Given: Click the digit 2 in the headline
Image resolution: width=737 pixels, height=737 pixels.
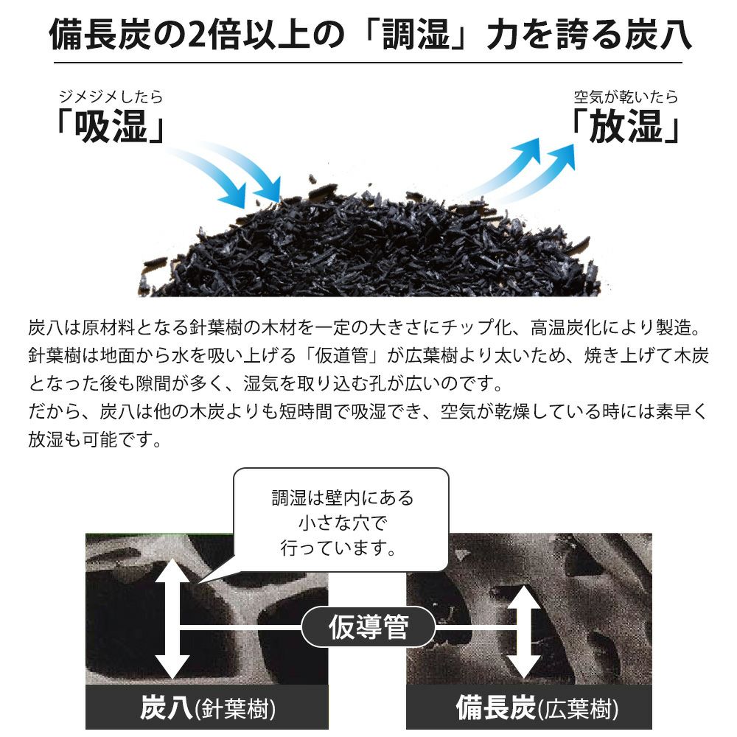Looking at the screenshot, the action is tap(198, 35).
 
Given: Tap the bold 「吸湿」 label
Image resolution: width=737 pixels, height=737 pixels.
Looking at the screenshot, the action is tap(111, 126).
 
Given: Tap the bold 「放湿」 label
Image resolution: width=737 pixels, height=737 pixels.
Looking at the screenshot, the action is tap(626, 126).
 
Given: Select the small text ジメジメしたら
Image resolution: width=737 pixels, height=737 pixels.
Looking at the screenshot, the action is tap(111, 97).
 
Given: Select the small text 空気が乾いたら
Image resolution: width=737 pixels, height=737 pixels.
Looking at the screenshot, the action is tap(626, 97).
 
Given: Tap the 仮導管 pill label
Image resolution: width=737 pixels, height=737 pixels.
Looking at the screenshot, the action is tap(368, 626).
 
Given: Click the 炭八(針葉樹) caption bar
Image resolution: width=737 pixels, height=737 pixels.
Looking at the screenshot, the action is tap(207, 708).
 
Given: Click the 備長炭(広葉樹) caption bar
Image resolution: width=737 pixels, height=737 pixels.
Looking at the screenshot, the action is tap(528, 708).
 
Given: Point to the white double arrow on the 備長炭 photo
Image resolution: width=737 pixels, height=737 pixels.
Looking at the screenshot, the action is tap(524, 632).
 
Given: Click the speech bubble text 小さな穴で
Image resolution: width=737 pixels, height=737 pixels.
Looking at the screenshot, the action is tap(343, 523).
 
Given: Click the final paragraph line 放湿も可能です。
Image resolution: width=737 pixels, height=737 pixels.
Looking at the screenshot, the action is tap(95, 439).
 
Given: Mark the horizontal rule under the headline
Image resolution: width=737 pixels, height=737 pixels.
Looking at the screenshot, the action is tap(368, 62).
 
